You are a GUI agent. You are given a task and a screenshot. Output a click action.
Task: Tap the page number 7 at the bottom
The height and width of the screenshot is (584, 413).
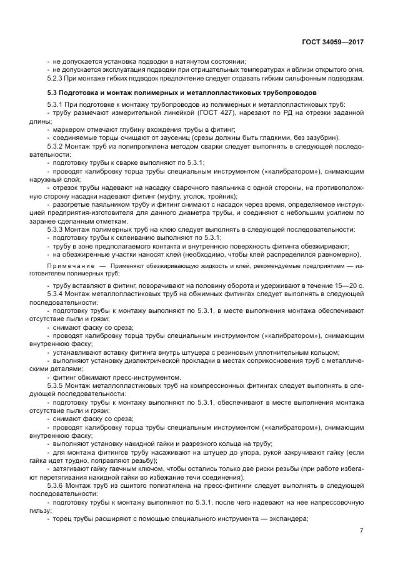pyautogui.click(x=361, y=531)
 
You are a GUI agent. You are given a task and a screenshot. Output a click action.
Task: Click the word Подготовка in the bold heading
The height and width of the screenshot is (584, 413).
pyautogui.click(x=73, y=92)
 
